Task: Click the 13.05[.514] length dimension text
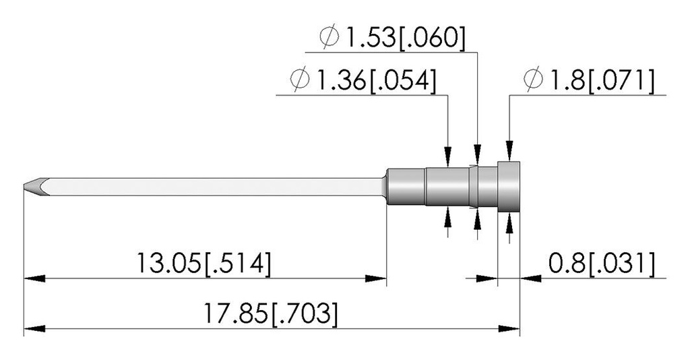(203, 264)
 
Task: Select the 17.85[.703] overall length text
(271, 314)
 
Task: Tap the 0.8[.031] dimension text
(602, 264)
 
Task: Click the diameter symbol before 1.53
(329, 38)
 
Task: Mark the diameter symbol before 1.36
(300, 80)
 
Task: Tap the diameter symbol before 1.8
(534, 80)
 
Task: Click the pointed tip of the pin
(26, 187)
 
